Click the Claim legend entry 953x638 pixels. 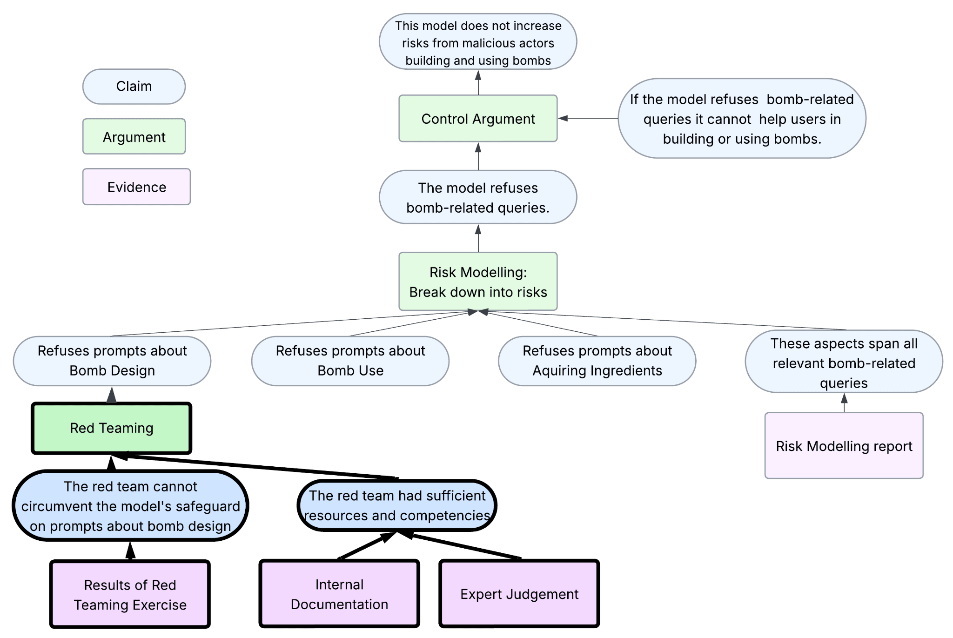[x=134, y=87]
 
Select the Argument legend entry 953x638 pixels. [x=134, y=137]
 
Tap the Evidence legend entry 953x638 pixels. [x=136, y=187]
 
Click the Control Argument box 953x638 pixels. [x=478, y=119]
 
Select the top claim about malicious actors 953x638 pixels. [x=478, y=43]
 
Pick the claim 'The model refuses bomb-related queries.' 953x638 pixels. [x=478, y=197]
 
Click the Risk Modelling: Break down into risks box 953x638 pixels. [x=478, y=282]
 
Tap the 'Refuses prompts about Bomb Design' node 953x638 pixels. [x=112, y=361]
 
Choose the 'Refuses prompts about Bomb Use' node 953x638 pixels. [x=350, y=361]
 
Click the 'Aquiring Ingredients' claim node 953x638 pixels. [x=597, y=361]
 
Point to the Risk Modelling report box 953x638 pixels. [x=844, y=446]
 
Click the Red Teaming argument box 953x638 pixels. [x=112, y=428]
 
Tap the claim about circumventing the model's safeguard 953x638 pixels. [x=130, y=506]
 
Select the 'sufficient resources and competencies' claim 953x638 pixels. [x=397, y=505]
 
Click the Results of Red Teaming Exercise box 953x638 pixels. [x=130, y=594]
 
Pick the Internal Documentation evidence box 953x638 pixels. [x=339, y=594]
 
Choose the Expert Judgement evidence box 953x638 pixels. [x=519, y=594]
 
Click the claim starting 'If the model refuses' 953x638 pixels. [x=742, y=119]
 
